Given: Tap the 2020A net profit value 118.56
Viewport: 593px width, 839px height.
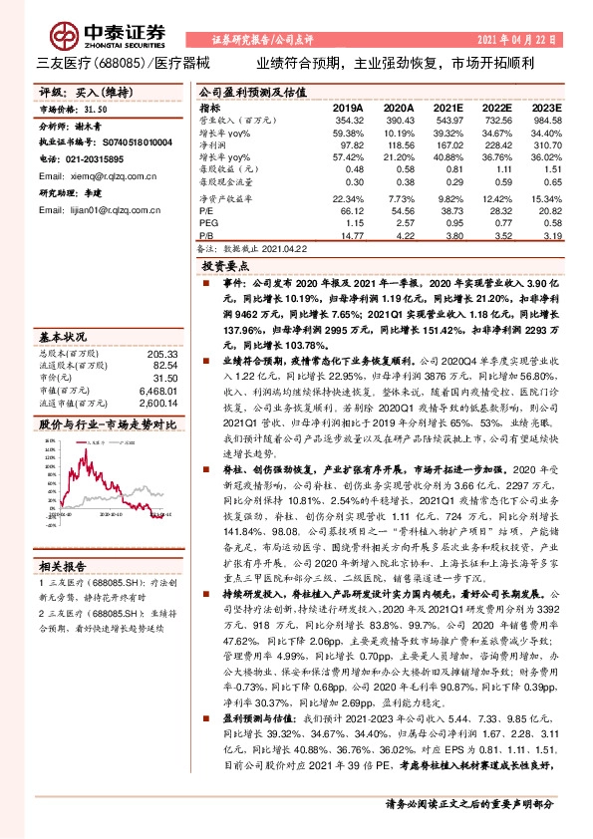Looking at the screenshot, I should click(x=399, y=143).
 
